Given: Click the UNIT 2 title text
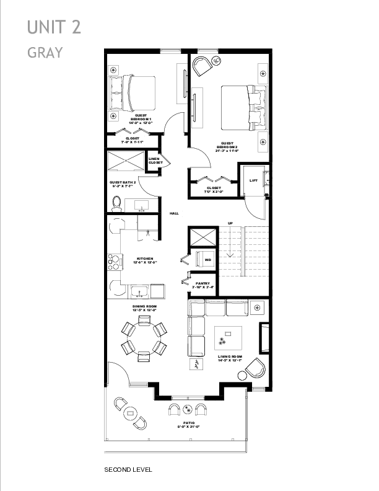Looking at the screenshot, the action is pos(54,27).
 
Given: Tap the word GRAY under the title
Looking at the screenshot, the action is pos(45,52).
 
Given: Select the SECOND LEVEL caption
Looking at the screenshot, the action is pos(128,469).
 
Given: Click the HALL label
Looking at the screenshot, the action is pos(175,213).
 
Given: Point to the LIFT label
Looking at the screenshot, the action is pos(253,180).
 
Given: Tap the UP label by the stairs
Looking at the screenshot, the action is pos(231,223).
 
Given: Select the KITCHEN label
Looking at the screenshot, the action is pos(144,260).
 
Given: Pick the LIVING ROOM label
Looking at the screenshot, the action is pos(230,358).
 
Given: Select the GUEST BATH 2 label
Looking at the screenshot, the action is pos(123,183).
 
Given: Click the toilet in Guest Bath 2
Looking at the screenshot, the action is pos(116,203).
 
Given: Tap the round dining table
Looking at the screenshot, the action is pos(144,338).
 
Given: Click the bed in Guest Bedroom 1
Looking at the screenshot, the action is pos(133,92).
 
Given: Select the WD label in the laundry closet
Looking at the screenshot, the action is pos(208,259).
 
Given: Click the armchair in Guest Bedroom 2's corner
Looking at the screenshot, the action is pos(201,66).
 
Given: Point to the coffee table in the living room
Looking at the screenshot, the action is pos(227,338).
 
